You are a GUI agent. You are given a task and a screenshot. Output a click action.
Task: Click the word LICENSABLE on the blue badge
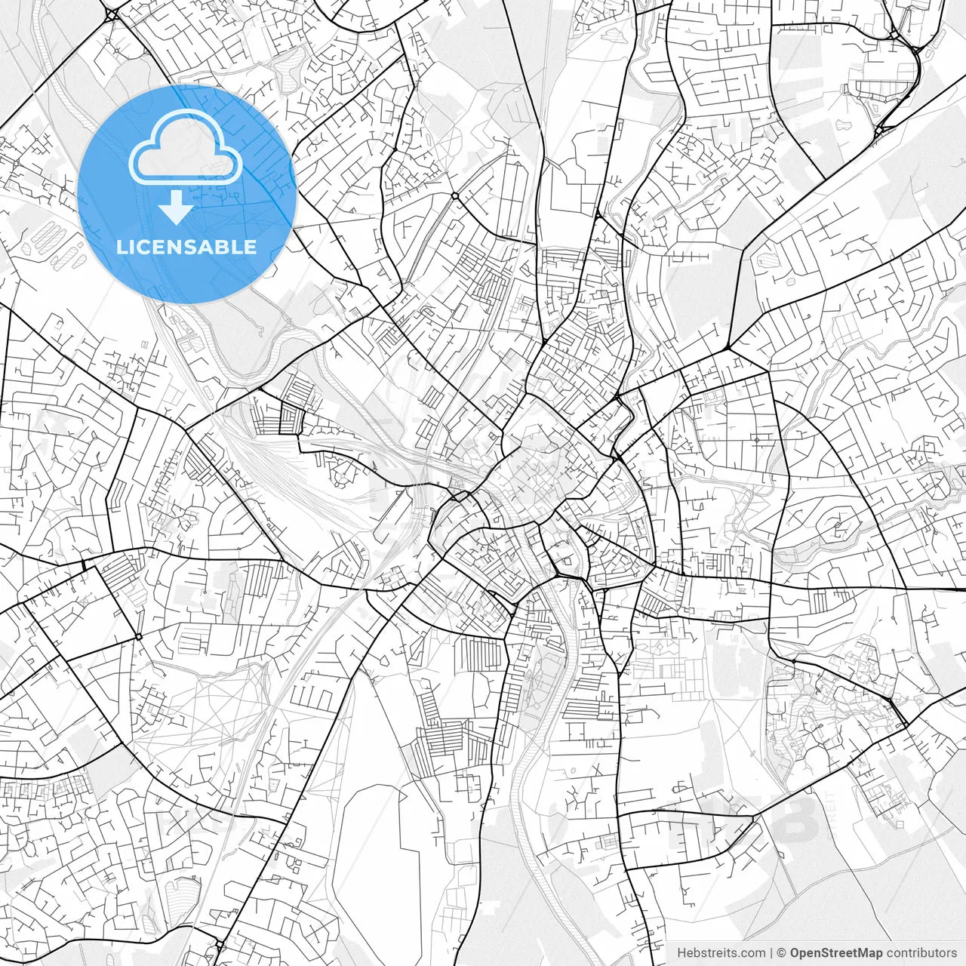[x=186, y=247]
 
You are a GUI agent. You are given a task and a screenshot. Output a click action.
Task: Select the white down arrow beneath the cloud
[x=177, y=208]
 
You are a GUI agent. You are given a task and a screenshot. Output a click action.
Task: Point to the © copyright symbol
[x=783, y=953]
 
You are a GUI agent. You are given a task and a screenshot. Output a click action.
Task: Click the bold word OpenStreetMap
[x=836, y=953]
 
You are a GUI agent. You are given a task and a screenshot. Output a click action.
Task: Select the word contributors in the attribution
[x=921, y=953]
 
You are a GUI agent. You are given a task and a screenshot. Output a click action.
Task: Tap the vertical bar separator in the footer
[x=772, y=953]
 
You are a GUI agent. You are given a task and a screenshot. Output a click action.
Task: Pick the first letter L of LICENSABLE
[x=122, y=247]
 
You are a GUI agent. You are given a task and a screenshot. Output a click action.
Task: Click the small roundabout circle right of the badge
[x=455, y=195]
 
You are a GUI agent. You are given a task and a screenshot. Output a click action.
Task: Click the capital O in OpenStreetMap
[x=795, y=953]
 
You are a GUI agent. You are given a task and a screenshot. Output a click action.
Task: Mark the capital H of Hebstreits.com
[x=681, y=953]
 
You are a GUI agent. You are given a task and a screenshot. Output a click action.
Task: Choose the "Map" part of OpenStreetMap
[x=869, y=953]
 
